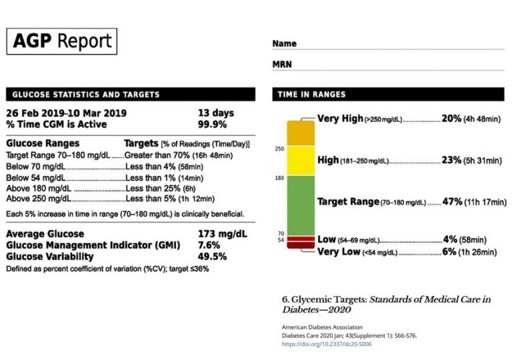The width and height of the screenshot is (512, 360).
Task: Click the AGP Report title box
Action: point(62,41)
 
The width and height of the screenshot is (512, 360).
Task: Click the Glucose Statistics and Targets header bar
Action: point(129,94)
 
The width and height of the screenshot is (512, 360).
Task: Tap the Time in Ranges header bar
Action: point(389,94)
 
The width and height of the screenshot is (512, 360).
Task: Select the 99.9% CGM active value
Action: point(212,124)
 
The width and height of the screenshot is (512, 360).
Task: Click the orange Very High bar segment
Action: point(299,133)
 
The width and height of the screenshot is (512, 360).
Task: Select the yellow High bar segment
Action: point(299,161)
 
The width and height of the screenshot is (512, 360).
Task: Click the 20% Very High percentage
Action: point(451,119)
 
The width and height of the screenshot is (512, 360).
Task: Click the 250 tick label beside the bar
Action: point(279,149)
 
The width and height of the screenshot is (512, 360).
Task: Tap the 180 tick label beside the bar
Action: point(279,178)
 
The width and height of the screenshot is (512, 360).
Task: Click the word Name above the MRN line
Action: point(284,44)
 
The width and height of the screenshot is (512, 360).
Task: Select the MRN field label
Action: point(283,65)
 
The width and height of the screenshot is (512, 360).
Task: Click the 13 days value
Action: point(216,113)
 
